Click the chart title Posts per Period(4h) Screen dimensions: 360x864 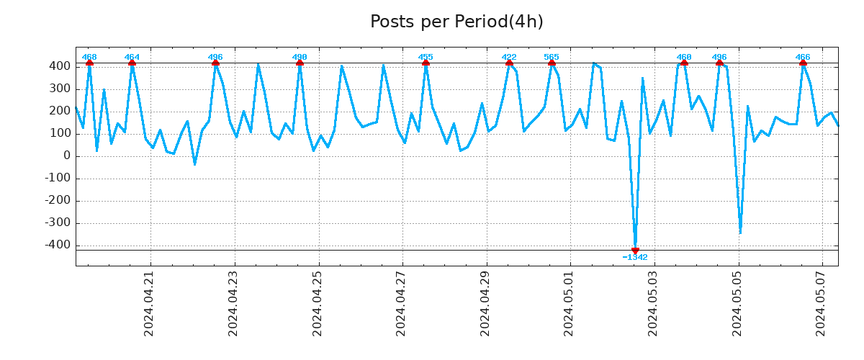tap(456, 22)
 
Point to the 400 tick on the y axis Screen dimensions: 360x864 tap(60, 66)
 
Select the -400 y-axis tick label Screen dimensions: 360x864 tap(57, 245)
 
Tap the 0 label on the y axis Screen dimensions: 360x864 tap(66, 156)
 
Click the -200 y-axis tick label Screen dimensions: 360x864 tap(57, 200)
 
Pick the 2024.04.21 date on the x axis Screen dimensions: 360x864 tap(149, 303)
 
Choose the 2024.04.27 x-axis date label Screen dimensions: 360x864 tap(401, 303)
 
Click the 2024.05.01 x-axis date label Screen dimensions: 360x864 tap(570, 303)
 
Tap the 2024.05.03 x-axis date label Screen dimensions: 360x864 tap(654, 303)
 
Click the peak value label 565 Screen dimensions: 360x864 tap(552, 57)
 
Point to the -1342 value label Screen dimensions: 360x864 tap(635, 257)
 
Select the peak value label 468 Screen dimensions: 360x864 tap(89, 57)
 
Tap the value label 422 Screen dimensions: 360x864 tap(509, 57)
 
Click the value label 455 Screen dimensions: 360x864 tap(426, 57)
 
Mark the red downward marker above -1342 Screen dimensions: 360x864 tap(635, 250)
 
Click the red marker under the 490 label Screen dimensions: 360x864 tap(300, 63)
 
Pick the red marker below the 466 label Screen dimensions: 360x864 tap(803, 63)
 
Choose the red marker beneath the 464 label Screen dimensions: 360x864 tap(132, 63)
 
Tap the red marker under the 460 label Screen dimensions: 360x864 tap(684, 63)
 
